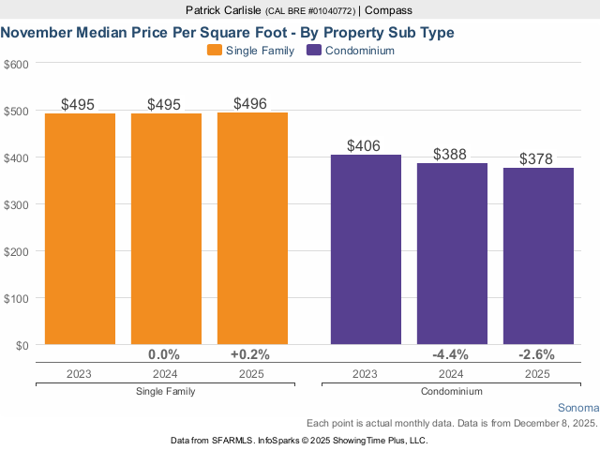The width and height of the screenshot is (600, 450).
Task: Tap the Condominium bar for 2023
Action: (366, 248)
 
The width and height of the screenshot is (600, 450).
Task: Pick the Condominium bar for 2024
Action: (452, 253)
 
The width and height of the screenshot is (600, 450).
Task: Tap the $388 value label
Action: (452, 154)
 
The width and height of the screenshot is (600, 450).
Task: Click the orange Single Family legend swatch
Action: (214, 51)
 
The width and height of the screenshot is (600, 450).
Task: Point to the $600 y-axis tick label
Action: (16, 64)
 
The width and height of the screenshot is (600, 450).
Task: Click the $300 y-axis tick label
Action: (16, 204)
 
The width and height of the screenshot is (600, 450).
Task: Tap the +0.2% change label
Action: (251, 354)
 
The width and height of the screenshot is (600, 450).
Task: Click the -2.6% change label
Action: (537, 354)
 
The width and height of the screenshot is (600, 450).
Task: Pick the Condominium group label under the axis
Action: (452, 391)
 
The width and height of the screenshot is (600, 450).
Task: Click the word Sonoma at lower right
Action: (577, 409)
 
